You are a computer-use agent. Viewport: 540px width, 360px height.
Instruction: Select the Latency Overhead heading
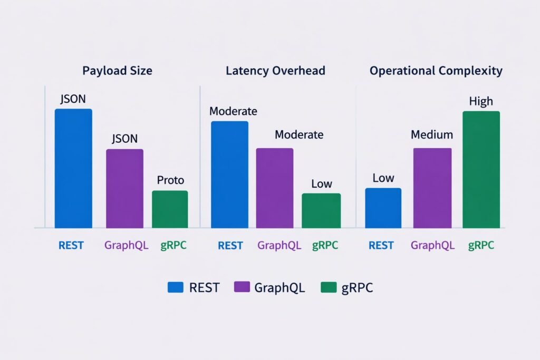[275, 71]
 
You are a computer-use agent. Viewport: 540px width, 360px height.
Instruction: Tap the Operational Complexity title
[436, 71]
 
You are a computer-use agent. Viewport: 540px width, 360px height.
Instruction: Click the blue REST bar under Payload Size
[73, 169]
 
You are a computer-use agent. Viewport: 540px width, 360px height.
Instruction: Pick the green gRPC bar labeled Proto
[170, 209]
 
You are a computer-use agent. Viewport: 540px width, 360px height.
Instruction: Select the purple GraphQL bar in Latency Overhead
[275, 188]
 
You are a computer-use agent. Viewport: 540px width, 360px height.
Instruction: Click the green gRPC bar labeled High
[481, 170]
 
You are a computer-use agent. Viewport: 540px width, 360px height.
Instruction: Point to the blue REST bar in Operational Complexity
[383, 208]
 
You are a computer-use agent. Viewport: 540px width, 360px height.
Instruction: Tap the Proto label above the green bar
[170, 180]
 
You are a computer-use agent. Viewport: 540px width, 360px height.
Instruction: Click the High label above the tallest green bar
[481, 101]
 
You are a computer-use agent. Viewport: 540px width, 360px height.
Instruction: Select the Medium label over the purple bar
[432, 135]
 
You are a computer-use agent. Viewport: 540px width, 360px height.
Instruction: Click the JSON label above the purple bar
[124, 139]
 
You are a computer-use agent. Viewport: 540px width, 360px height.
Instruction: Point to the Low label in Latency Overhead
[321, 183]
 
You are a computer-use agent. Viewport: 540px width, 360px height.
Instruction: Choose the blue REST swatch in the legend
[175, 287]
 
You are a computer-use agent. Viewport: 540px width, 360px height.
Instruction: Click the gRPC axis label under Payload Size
[173, 246]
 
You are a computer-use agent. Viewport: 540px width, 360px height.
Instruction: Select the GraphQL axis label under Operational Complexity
[432, 245]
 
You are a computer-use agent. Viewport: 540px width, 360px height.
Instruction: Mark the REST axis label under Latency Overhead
[230, 246]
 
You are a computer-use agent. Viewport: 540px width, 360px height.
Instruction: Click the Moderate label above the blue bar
[233, 111]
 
